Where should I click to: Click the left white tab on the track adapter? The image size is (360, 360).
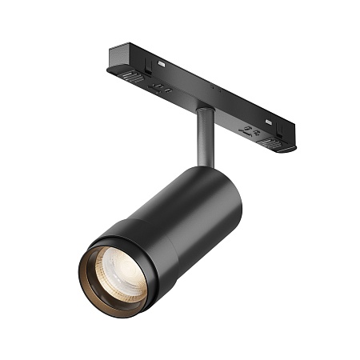coord(162,62)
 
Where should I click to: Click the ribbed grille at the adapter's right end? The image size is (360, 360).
coord(274,143)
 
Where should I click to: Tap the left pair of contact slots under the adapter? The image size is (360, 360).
coord(161,87)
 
